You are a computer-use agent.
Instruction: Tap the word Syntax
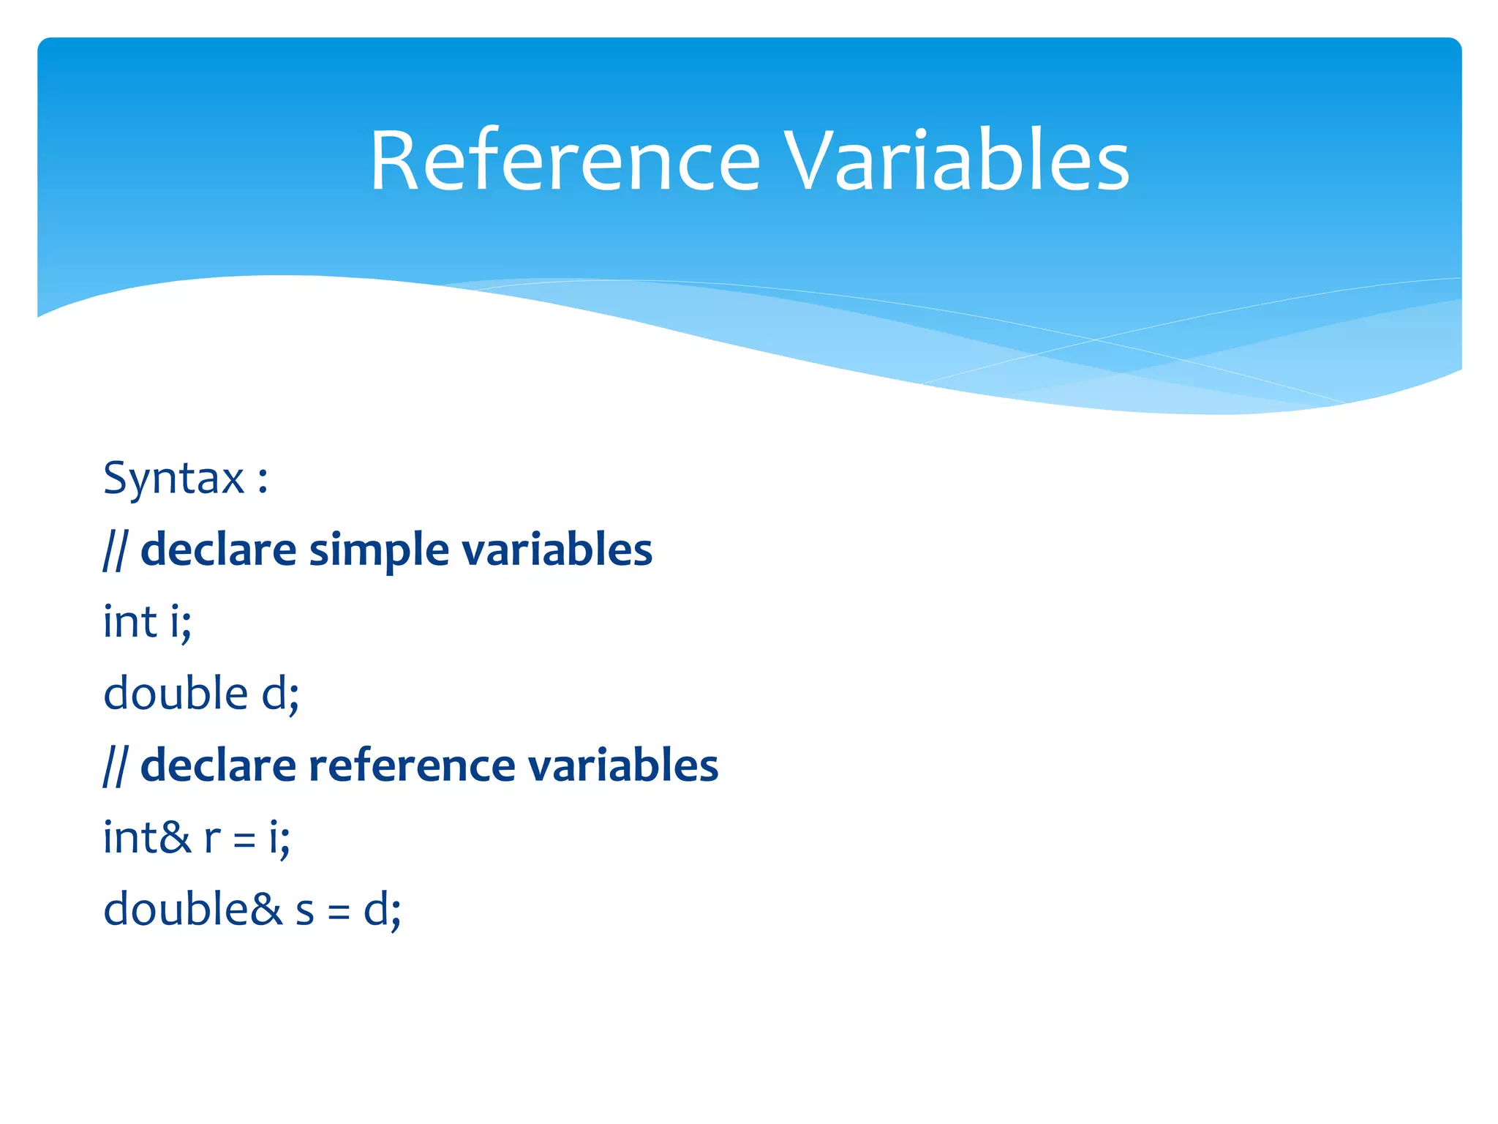pos(173,479)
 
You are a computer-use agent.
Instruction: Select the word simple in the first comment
pos(378,550)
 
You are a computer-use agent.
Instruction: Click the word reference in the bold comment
pos(411,765)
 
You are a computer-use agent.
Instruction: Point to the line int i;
pos(147,622)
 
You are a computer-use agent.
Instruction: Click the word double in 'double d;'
pos(176,693)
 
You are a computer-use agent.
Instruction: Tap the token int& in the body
pos(146,837)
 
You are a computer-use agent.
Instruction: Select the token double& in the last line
pos(192,910)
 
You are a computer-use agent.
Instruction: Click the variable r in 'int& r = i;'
pos(212,839)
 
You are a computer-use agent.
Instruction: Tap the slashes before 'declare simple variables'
pos(114,550)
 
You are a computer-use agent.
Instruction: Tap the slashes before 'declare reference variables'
pos(114,765)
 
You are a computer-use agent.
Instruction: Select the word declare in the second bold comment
pos(217,765)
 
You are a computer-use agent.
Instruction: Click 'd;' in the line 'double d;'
pos(280,694)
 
